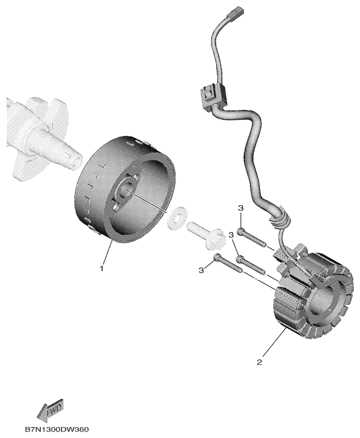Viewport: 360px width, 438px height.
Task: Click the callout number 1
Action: pos(102,269)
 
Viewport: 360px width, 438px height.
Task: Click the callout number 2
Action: pos(259,362)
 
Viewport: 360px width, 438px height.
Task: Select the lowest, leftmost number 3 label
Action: pos(201,270)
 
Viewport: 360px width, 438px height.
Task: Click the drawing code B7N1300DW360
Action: pos(57,429)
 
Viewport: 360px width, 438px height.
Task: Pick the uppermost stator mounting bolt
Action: pos(251,237)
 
